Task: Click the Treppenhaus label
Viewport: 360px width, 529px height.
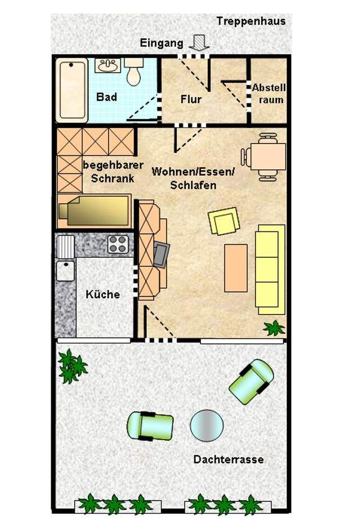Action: [x=251, y=21]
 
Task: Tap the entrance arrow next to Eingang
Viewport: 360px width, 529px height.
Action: [x=199, y=43]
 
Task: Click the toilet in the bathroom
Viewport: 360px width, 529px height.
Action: [x=134, y=71]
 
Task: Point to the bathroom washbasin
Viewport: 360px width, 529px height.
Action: [x=107, y=65]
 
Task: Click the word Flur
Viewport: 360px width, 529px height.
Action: [x=191, y=99]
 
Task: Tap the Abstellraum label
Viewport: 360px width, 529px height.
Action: [x=269, y=94]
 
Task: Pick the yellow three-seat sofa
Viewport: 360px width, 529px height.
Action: [x=270, y=269]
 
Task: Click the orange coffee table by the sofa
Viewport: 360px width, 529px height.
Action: [x=236, y=268]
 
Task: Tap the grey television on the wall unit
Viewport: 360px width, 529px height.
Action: [x=161, y=255]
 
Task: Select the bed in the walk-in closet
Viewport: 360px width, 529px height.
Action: [x=94, y=210]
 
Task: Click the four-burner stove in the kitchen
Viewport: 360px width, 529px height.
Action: [x=118, y=244]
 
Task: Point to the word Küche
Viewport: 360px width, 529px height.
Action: [x=103, y=294]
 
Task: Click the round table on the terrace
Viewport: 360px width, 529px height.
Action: [x=206, y=425]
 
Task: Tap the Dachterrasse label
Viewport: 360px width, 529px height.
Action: [x=228, y=459]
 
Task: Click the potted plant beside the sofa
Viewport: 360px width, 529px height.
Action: [x=274, y=328]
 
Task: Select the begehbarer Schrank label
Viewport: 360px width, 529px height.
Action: [x=113, y=172]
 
